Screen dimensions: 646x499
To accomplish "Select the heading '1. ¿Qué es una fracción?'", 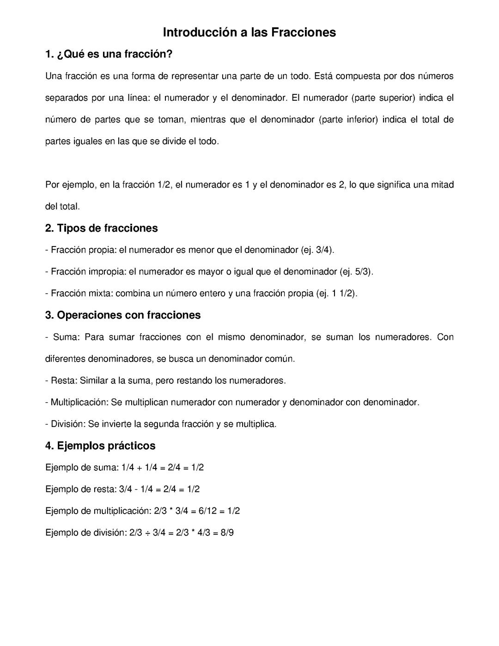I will (109, 54).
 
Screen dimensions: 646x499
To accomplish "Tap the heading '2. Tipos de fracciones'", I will (101, 228).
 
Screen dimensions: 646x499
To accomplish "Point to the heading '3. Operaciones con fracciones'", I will (123, 315).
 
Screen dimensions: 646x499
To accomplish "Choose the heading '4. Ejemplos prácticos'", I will (100, 446).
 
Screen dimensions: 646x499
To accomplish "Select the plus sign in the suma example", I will (139, 468).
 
